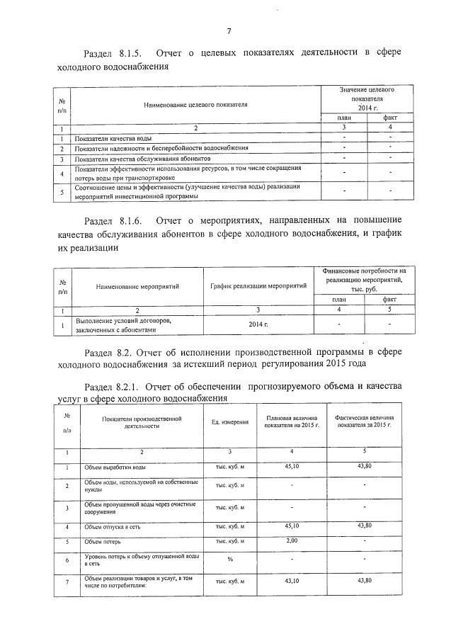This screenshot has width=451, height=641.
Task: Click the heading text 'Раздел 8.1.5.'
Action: click(x=113, y=54)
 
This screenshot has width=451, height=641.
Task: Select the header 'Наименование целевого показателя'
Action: click(x=195, y=104)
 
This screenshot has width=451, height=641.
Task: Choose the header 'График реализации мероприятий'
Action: click(x=258, y=285)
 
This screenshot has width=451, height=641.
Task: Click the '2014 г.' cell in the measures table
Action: click(x=258, y=324)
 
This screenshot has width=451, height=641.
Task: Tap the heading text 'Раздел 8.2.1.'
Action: click(x=113, y=387)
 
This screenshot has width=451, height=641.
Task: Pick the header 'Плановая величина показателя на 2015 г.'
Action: click(x=292, y=422)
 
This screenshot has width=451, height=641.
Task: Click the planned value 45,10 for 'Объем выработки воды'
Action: click(x=292, y=466)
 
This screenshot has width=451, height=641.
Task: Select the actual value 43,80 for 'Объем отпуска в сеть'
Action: click(x=365, y=526)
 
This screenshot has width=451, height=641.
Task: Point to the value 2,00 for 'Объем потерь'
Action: click(x=292, y=542)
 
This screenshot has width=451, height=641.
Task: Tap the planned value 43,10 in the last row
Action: click(x=292, y=581)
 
